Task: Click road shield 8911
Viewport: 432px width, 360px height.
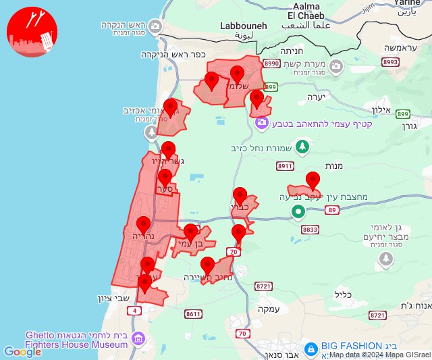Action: pyautogui.click(x=286, y=165)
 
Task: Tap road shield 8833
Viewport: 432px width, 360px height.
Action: pyautogui.click(x=310, y=230)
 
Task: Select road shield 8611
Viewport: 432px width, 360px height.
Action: pyautogui.click(x=193, y=313)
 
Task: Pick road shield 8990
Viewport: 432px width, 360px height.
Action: pyautogui.click(x=272, y=63)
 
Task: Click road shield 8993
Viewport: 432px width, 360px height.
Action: pyautogui.click(x=390, y=62)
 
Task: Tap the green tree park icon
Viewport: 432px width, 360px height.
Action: pyautogui.click(x=303, y=146)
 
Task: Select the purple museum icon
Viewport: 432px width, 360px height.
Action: pyautogui.click(x=138, y=338)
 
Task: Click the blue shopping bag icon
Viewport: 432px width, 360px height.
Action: pyautogui.click(x=311, y=349)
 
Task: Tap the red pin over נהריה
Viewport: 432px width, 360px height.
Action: pyautogui.click(x=143, y=226)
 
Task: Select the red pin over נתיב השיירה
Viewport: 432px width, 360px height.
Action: pyautogui.click(x=208, y=265)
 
